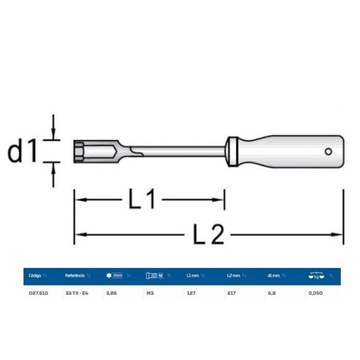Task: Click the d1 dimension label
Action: [23, 151]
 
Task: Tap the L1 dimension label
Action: [143, 200]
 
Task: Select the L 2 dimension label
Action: [209, 235]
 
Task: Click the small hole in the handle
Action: [328, 151]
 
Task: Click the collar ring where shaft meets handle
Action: [233, 151]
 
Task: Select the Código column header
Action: [35, 275]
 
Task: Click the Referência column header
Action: [75, 275]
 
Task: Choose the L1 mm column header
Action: [193, 275]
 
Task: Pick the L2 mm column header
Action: [233, 275]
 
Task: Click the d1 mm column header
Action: [274, 275]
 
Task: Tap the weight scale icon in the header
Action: [316, 275]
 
